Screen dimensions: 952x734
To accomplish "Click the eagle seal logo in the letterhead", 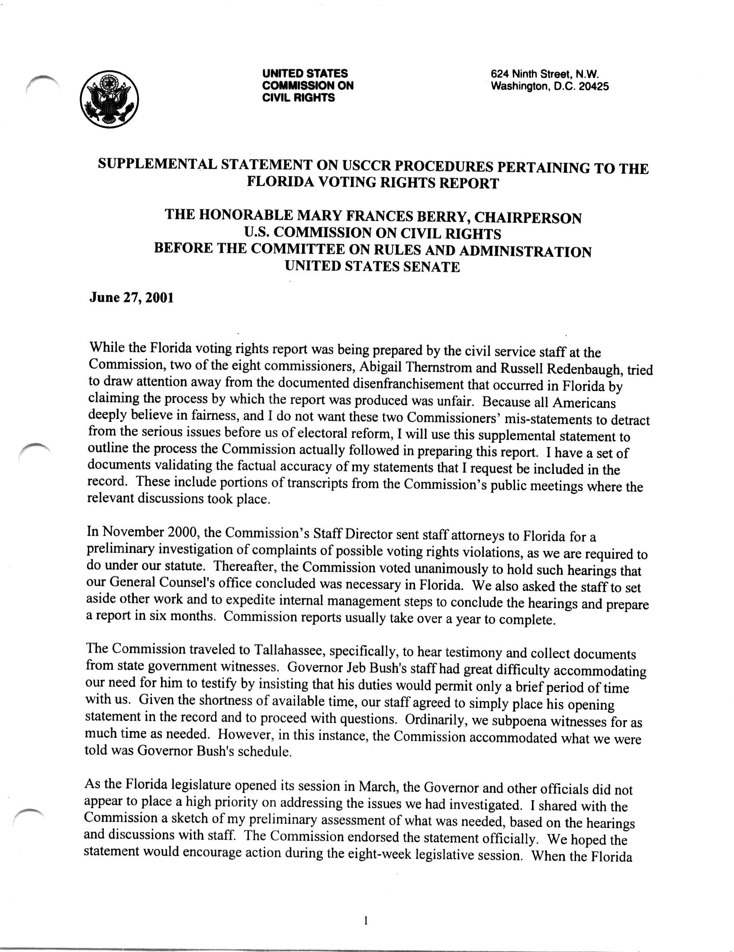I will coord(109,99).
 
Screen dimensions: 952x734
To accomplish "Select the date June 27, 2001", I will coord(131,298).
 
